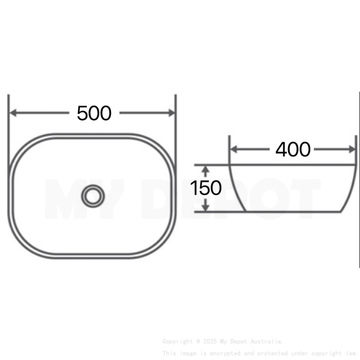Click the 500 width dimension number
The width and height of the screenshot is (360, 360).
click(x=94, y=113)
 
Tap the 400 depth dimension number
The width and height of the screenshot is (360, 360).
click(x=293, y=150)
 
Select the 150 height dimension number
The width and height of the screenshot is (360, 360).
click(x=205, y=188)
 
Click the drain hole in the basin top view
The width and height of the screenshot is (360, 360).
click(x=93, y=196)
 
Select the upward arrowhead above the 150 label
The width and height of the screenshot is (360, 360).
click(x=205, y=170)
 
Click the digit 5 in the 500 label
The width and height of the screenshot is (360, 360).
click(x=82, y=113)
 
